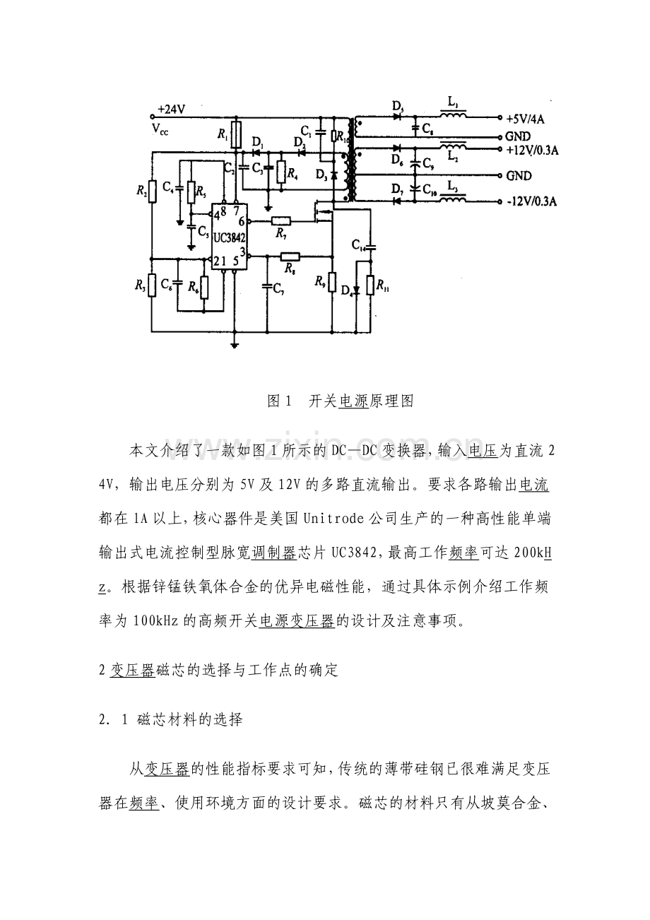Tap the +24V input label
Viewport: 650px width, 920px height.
click(x=171, y=110)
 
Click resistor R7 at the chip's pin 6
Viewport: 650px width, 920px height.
click(x=281, y=221)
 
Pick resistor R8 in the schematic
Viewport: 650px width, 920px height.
click(x=290, y=256)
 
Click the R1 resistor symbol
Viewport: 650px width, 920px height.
click(x=236, y=133)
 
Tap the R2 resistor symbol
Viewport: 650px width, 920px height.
click(x=151, y=191)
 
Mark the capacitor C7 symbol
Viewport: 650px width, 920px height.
click(x=268, y=285)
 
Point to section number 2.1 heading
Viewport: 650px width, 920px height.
click(x=114, y=720)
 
